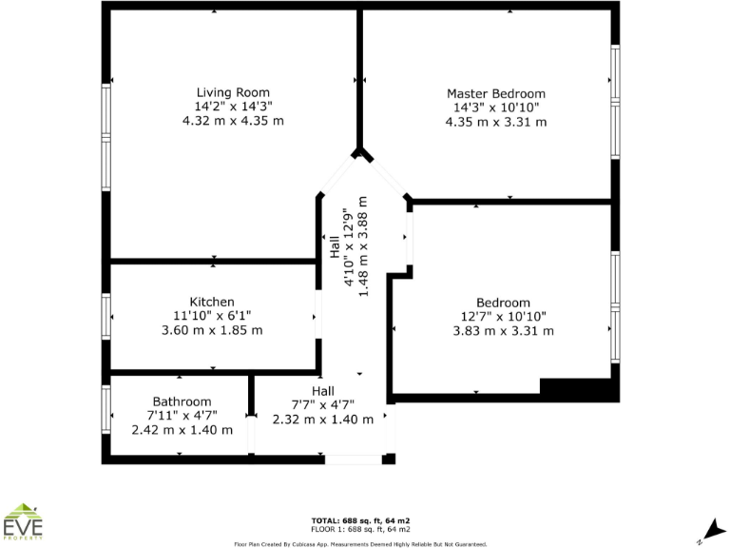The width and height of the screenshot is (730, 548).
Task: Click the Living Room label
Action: (x=233, y=92)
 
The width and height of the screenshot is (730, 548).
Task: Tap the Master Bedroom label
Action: (x=496, y=93)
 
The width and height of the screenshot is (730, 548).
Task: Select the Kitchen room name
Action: (x=212, y=302)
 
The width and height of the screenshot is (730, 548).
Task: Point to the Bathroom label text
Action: (x=182, y=401)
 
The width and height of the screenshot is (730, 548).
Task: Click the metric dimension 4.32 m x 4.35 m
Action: (x=233, y=121)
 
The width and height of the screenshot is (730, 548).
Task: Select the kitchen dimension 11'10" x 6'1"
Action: (x=212, y=316)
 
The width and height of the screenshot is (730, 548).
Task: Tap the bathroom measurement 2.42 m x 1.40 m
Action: (x=182, y=430)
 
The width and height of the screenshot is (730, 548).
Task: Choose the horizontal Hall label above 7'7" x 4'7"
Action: (x=322, y=391)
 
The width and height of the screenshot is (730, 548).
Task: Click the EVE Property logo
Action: (x=24, y=522)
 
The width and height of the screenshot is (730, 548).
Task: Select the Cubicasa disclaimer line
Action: (x=361, y=544)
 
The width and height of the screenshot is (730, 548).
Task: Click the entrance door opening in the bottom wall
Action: (x=353, y=460)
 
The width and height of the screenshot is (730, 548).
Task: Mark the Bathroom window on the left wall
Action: (x=106, y=408)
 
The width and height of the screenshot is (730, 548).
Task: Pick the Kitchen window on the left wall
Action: (x=106, y=317)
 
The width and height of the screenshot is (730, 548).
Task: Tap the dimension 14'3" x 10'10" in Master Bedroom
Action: (x=496, y=108)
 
